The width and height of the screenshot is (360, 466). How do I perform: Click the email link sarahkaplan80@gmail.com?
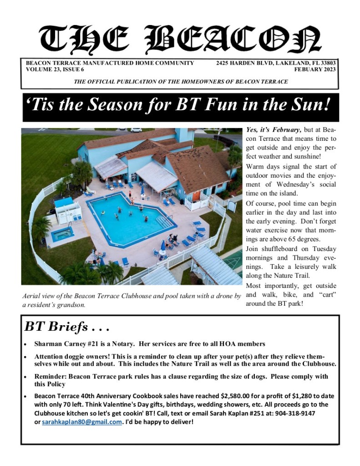point(82,422)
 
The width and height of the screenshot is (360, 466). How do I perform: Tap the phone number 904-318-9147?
point(295,413)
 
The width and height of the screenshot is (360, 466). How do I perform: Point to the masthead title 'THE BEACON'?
point(180,40)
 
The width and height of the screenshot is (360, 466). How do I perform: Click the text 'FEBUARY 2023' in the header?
point(315,70)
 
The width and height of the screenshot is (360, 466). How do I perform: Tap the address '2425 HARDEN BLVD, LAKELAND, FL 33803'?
point(276,63)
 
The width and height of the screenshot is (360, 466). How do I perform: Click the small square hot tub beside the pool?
point(62,234)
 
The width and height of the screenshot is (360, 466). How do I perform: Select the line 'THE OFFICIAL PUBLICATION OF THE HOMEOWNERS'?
point(181,82)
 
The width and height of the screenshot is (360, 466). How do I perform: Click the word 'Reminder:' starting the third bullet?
point(50,377)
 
